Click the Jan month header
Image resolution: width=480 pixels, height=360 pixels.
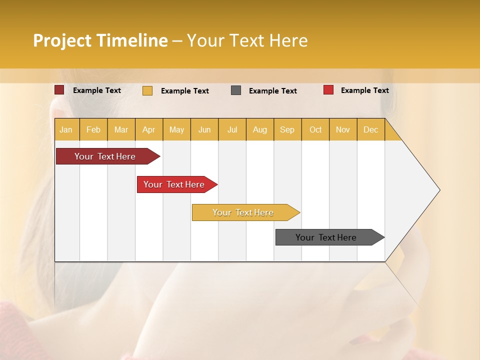coord(66,129)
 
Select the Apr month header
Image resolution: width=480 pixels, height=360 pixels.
coord(149,129)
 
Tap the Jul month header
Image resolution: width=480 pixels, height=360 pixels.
coord(232,129)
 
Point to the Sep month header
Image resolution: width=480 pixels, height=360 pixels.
coord(287,129)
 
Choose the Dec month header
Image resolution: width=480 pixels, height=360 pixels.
coord(370,129)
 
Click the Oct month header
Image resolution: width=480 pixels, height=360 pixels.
coord(315,129)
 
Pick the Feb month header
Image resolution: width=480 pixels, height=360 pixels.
coord(93,129)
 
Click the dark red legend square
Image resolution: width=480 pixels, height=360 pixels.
coord(59,90)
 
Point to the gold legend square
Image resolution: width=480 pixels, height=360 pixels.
coord(147,90)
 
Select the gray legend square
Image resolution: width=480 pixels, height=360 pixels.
coord(236,90)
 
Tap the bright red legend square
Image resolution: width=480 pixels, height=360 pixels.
coord(328,90)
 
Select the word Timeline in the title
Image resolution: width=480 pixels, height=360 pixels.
coord(132,40)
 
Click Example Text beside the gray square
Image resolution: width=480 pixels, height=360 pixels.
coord(273,91)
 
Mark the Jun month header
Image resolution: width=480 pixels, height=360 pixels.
coord(204,129)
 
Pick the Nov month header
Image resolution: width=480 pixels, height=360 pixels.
coord(343,129)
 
